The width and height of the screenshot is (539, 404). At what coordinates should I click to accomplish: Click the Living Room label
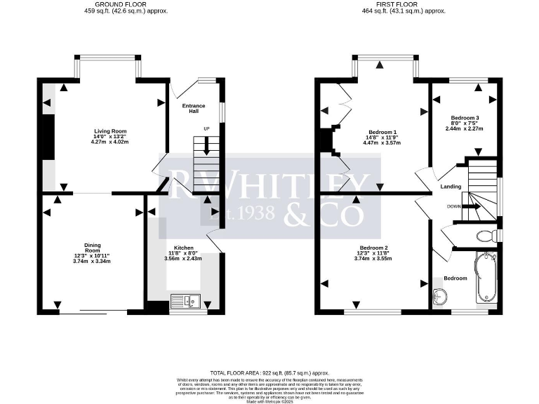click(x=109, y=131)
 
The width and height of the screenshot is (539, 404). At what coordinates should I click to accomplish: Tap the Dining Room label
click(x=93, y=248)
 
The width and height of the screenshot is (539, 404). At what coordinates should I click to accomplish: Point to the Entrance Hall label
click(x=193, y=109)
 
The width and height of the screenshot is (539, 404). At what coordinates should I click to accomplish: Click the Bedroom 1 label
click(x=382, y=131)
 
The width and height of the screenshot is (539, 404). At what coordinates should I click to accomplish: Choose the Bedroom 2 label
click(x=373, y=248)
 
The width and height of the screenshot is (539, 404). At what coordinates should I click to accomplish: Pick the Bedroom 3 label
click(x=465, y=117)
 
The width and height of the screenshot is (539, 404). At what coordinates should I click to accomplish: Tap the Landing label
click(x=450, y=187)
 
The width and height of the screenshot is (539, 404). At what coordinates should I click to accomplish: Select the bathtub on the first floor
click(x=486, y=277)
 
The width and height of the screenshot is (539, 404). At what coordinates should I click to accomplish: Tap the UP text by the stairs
click(x=206, y=129)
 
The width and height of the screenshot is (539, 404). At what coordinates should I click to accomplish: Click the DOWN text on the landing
click(x=454, y=207)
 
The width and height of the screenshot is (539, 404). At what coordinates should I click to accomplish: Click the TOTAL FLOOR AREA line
click(x=269, y=372)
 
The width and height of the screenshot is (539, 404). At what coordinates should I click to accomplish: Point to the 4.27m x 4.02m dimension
click(x=109, y=142)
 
